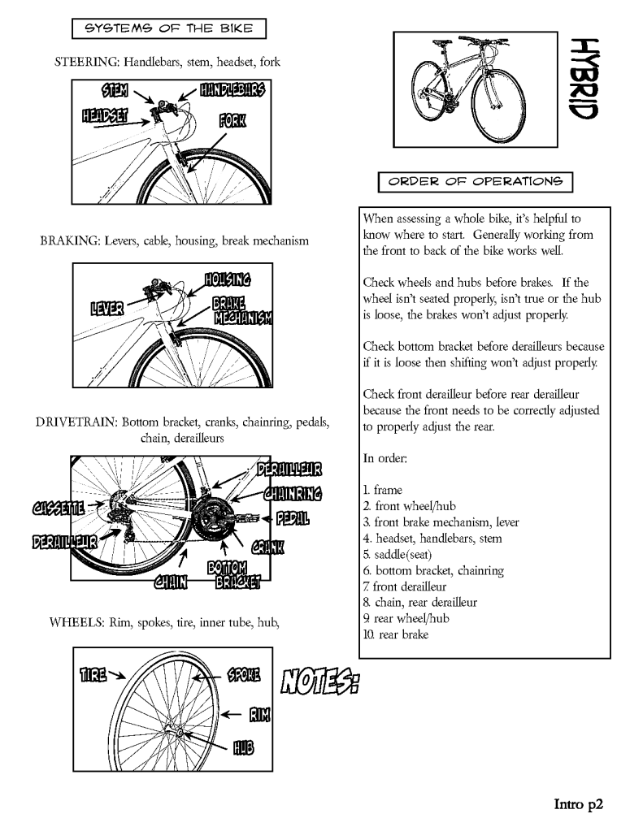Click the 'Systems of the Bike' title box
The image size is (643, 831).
point(169,30)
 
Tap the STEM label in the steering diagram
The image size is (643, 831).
point(113,88)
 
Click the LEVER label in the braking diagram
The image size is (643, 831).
point(109,308)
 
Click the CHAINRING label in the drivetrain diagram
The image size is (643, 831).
point(293,493)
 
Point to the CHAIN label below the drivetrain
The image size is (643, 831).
point(172,579)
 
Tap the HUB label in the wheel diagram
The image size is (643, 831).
point(244,747)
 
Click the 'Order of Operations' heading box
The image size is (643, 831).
point(476,180)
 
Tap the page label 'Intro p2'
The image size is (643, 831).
point(580,804)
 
